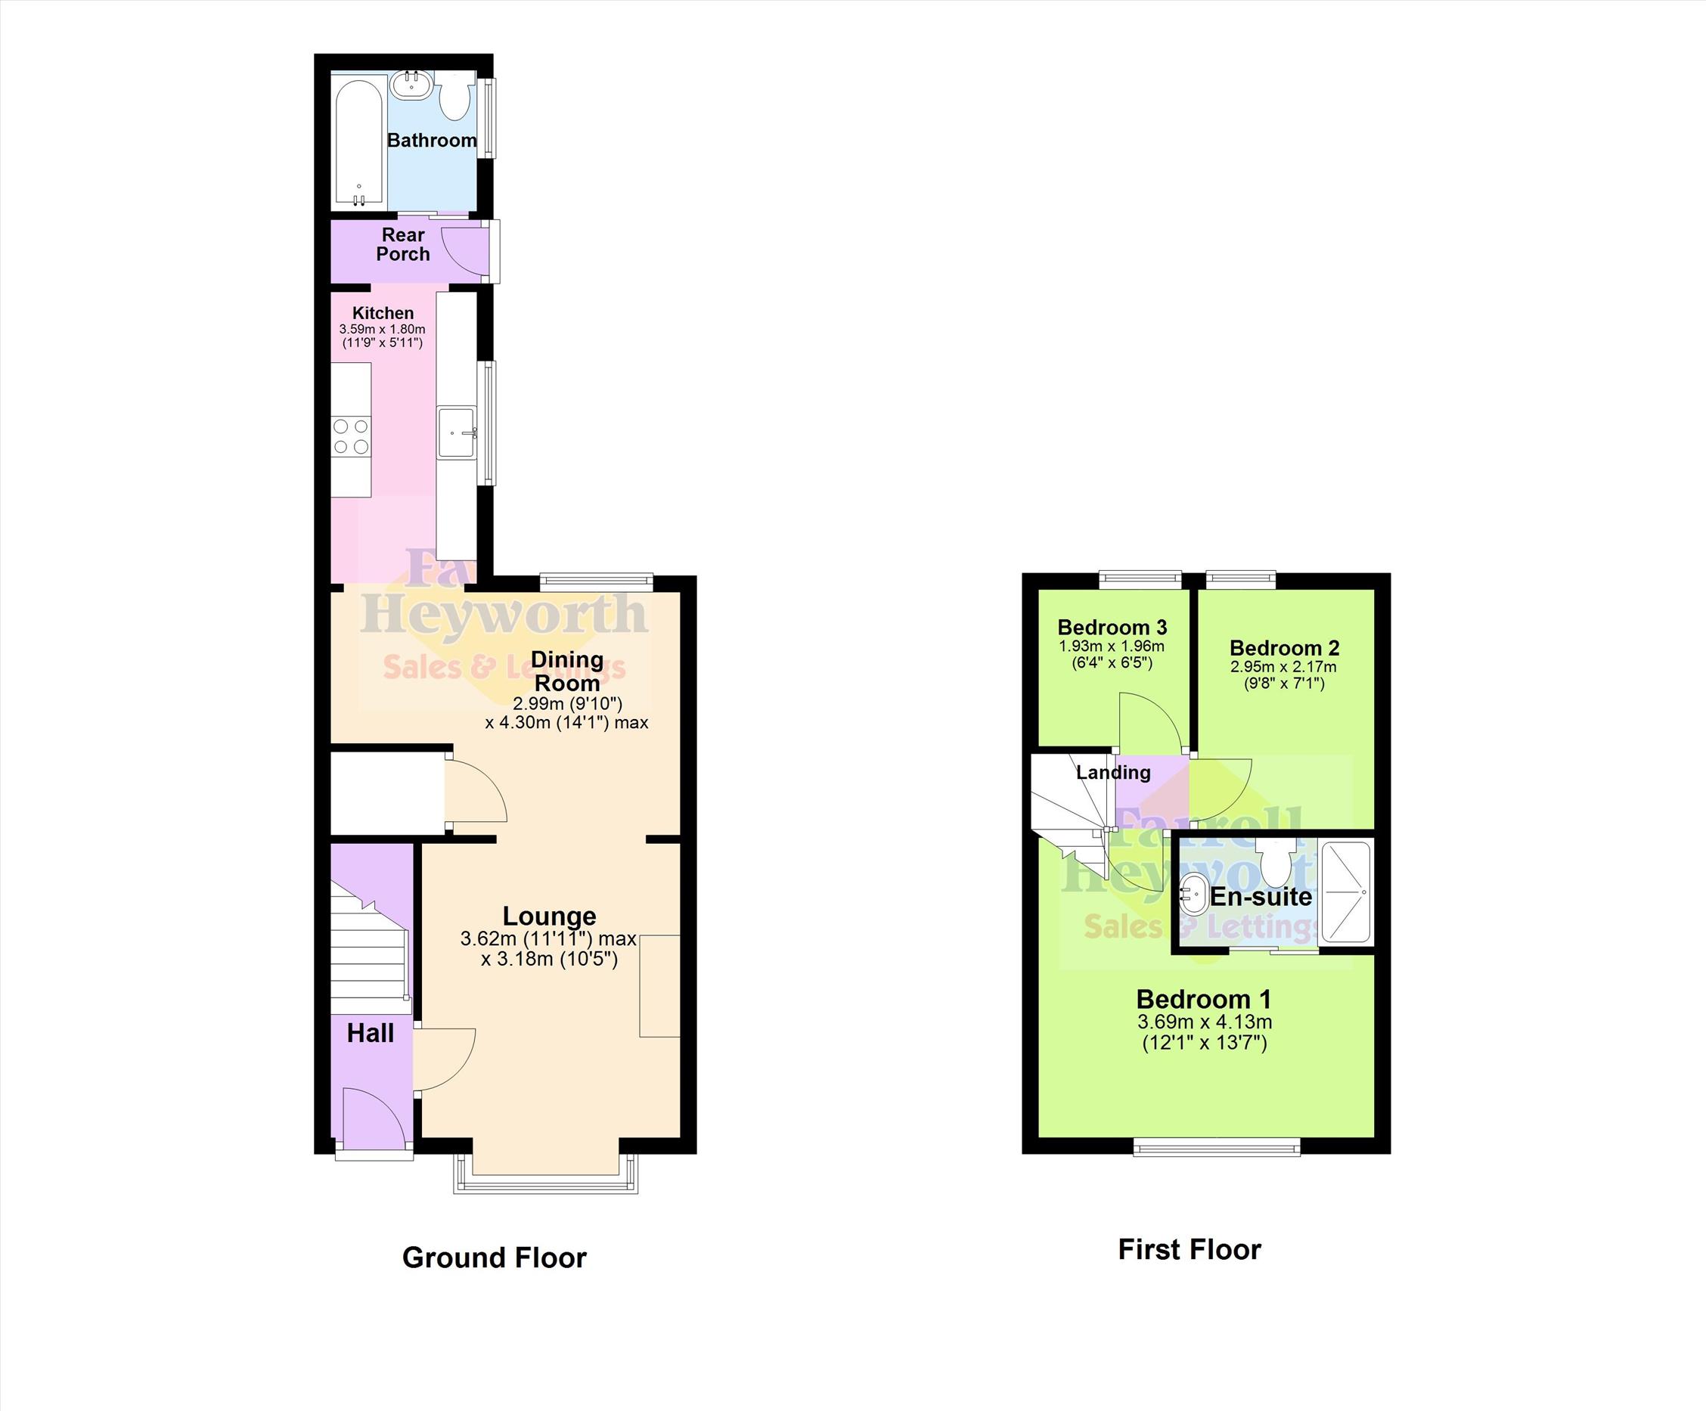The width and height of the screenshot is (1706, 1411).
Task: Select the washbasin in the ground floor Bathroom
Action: tap(413, 84)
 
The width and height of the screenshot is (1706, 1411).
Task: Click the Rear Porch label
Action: tap(403, 243)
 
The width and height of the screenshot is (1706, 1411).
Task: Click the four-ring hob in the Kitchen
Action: tap(351, 436)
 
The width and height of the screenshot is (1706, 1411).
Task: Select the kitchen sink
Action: tap(456, 433)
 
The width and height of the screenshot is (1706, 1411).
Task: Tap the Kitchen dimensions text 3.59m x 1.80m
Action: tap(382, 329)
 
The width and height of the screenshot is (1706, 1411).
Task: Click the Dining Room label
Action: tap(567, 671)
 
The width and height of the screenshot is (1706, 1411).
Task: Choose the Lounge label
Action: tap(549, 916)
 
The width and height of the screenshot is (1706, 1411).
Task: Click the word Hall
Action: tap(371, 1033)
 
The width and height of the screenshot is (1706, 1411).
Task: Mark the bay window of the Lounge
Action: tap(546, 1175)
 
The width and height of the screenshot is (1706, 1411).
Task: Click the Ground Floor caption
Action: tap(494, 1257)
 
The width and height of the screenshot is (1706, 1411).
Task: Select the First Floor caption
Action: tap(1190, 1249)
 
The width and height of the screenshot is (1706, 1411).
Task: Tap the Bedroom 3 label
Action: tap(1112, 627)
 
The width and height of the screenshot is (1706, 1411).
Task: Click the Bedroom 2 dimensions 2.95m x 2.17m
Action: tap(1283, 667)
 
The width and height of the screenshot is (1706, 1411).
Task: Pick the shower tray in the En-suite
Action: tap(1346, 892)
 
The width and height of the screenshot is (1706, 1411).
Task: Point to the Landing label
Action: tap(1113, 773)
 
